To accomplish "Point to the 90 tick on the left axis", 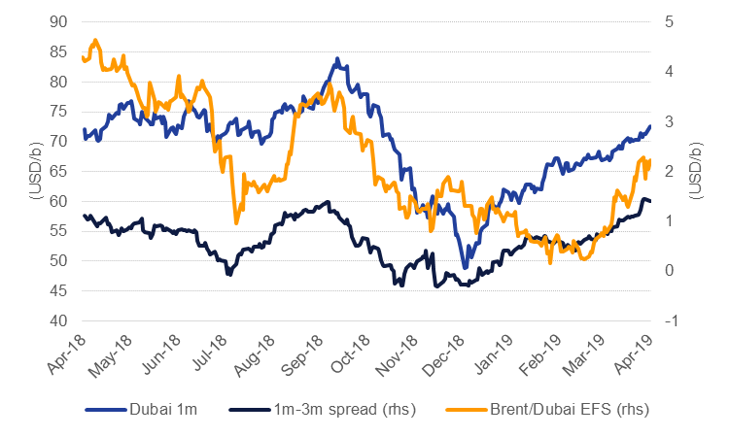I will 59,21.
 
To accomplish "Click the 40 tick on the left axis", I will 59,320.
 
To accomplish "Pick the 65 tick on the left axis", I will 59,171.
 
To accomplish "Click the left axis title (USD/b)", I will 35,171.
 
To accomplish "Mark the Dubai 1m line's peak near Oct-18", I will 337,59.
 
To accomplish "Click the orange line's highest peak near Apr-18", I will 94,41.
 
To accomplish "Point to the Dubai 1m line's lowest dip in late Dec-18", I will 466,267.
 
